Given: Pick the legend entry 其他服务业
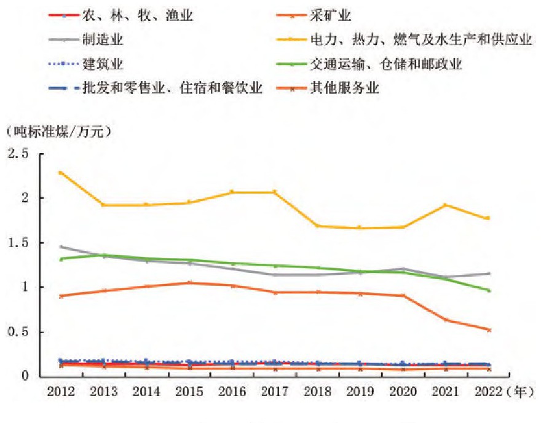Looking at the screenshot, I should coord(352,88).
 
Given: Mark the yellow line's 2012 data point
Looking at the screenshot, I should coord(60,173).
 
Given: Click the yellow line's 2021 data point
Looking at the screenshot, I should coord(444,205).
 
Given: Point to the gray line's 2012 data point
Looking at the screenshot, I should coord(60,247).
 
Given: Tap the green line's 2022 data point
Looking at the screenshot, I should coord(488,290).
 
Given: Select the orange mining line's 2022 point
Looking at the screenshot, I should coord(488,330).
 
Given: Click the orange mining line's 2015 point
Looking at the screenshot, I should coord(189,283).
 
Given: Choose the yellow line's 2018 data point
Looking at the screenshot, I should coord(317,226).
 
